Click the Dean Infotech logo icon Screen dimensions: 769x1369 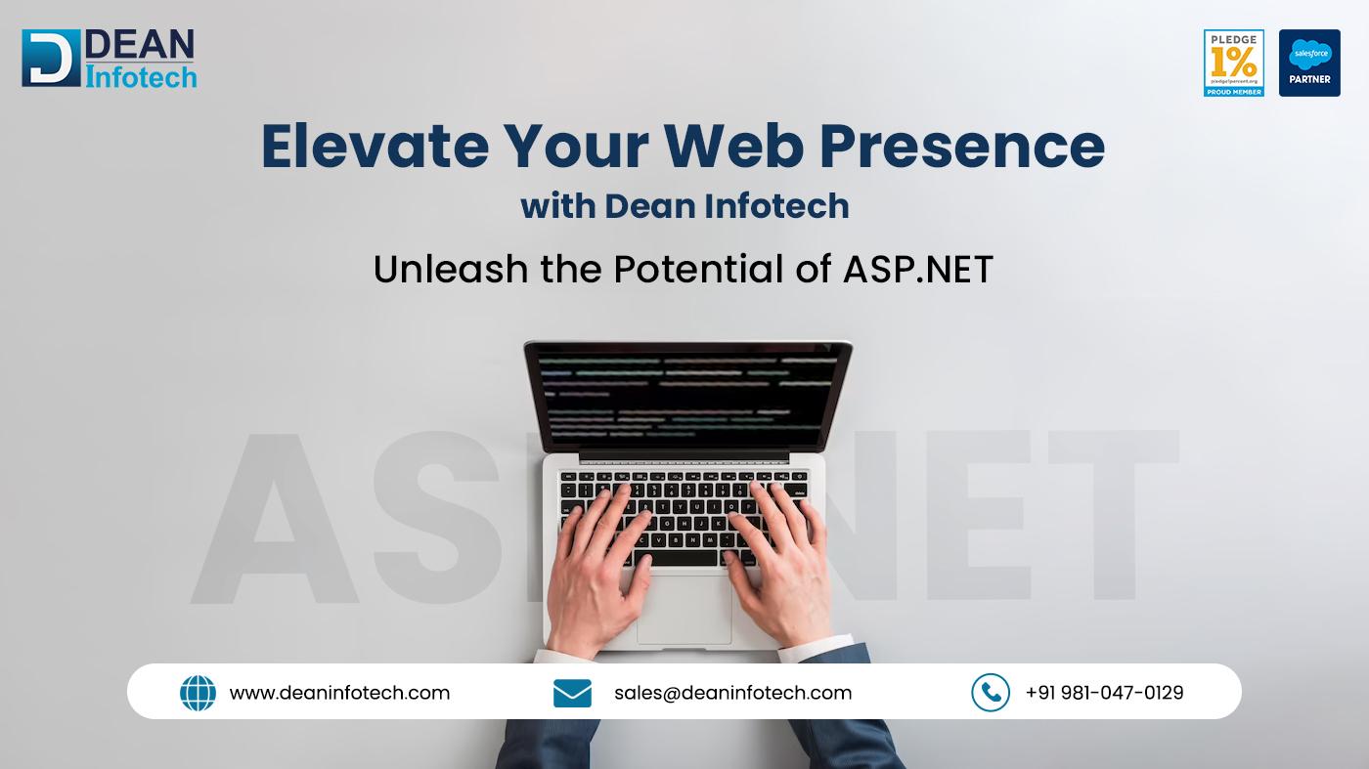(51, 58)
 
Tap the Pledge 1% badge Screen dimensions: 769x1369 (1233, 63)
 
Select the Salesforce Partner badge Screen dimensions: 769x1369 (1309, 63)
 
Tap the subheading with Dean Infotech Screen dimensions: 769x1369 (684, 206)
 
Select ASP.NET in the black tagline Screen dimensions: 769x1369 (917, 268)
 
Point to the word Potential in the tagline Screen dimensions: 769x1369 (698, 268)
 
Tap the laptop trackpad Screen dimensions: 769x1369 (684, 611)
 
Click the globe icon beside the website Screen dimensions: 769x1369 (198, 693)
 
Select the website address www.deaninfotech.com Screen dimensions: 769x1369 (339, 693)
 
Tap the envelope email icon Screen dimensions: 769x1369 (572, 693)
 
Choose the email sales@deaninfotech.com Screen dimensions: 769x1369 (732, 693)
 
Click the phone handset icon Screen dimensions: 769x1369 (990, 693)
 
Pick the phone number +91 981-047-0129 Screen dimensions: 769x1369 (1104, 693)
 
